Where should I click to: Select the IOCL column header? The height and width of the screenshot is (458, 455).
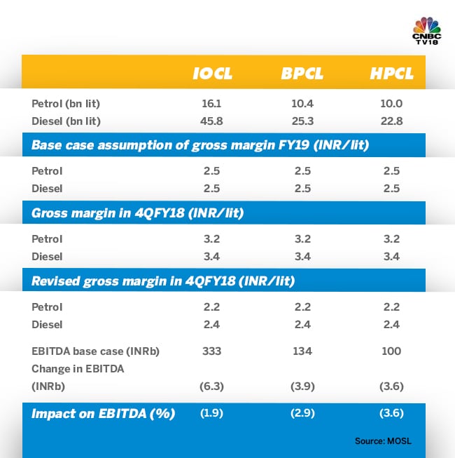click(212, 74)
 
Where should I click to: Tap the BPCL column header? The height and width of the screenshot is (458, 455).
click(303, 74)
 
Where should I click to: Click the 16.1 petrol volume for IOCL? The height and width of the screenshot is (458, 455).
click(211, 104)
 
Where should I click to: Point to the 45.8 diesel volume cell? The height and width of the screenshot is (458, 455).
click(211, 121)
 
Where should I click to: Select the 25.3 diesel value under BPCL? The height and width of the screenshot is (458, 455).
click(302, 121)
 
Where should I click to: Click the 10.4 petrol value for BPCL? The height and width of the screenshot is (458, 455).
click(302, 104)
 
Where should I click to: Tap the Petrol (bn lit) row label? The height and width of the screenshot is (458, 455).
click(66, 104)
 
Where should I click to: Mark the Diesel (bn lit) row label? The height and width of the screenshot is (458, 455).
click(66, 121)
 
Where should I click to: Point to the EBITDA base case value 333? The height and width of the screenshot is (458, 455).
click(211, 351)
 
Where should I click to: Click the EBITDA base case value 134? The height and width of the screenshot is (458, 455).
click(302, 351)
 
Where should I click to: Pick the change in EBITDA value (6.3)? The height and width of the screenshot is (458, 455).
click(211, 385)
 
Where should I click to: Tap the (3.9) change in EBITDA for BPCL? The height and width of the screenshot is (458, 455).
click(302, 385)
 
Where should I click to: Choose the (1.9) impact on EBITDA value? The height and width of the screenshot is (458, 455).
click(211, 413)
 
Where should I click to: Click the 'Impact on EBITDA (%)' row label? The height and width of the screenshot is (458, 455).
click(103, 413)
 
